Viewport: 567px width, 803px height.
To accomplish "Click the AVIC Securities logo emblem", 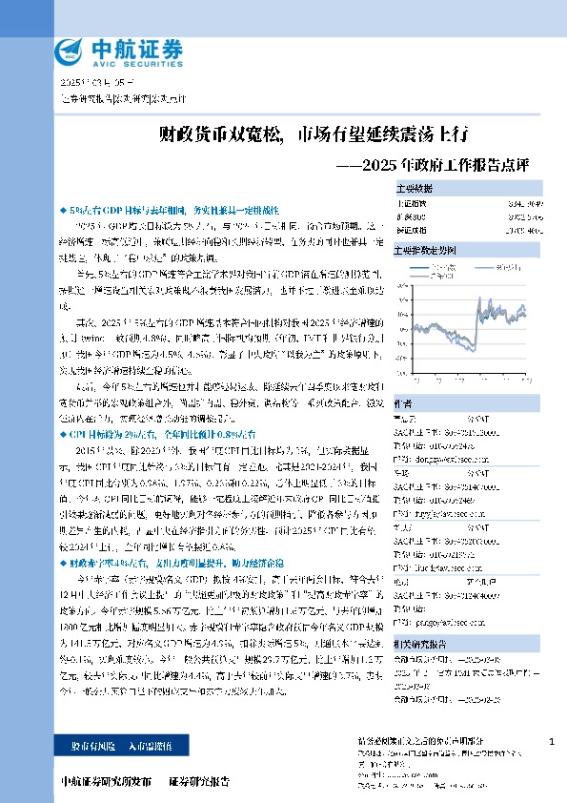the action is pyautogui.click(x=70, y=51).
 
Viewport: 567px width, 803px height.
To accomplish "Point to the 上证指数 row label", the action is pyautogui.click(x=413, y=203).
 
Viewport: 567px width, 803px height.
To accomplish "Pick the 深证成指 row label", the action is pyautogui.click(x=413, y=229).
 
